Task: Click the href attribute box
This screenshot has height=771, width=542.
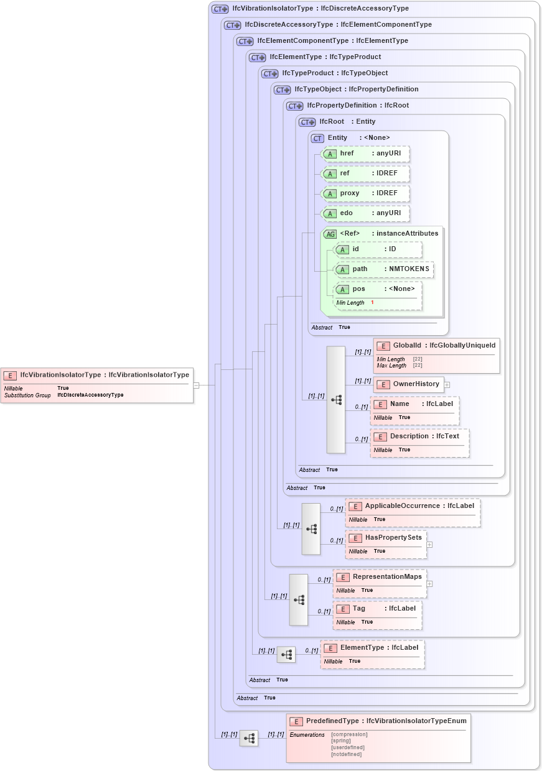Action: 365,154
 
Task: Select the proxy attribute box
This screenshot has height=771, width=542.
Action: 365,193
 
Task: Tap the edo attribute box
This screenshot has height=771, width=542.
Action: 365,213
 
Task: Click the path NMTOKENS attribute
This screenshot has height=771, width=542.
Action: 384,269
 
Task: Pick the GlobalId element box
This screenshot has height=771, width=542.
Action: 436,355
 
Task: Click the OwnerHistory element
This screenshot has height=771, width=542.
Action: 408,384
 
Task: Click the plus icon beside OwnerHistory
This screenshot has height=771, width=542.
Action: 447,385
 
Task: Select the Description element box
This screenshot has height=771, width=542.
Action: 419,442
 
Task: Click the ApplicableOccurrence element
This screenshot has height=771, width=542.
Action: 413,512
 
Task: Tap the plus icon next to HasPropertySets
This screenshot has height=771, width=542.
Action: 429,544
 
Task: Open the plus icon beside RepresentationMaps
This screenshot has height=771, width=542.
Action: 429,583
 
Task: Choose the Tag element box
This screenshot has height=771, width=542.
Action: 377,614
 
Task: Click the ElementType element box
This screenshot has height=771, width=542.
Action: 372,653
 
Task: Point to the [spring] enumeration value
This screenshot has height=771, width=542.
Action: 341,741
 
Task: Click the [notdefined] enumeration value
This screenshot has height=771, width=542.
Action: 346,754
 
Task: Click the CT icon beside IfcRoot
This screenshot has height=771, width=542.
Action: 308,122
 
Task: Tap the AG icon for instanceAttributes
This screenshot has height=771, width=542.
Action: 330,234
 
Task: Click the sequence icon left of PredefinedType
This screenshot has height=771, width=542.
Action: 249,738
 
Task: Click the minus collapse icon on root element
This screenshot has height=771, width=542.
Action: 196,385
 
